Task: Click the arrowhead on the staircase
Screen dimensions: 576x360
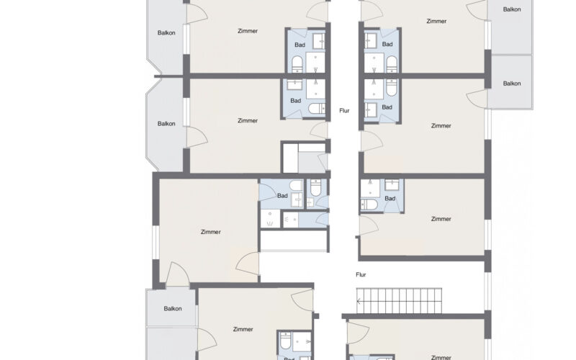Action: pos(359,301)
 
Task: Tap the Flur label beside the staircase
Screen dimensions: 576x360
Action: pos(361,274)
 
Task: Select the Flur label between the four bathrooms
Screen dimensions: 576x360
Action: pos(344,111)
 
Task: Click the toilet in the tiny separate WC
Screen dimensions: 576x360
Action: pos(316,188)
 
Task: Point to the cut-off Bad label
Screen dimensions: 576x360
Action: pos(289,359)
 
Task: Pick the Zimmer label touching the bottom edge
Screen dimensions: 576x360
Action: pos(441,357)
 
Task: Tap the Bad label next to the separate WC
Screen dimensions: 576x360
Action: pos(282,196)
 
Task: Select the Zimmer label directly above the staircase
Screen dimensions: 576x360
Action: pos(441,219)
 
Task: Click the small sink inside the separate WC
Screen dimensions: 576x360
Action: pos(310,202)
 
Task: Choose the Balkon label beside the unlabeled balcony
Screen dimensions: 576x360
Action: pos(173,309)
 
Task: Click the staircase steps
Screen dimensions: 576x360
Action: pos(399,301)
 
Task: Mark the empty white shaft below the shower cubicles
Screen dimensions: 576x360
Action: pos(294,240)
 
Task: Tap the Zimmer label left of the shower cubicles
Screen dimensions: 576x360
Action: pos(211,232)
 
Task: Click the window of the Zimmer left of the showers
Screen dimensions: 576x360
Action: pos(156,243)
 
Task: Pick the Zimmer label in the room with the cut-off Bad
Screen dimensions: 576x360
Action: pos(243,329)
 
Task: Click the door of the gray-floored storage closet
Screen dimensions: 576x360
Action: pos(323,162)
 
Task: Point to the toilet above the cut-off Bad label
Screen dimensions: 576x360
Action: pos(285,341)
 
